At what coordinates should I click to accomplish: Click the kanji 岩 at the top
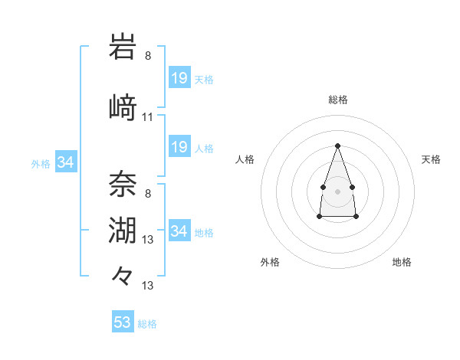point(123,47)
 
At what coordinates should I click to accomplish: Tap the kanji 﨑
point(123,106)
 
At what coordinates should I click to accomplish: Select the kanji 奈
point(123,182)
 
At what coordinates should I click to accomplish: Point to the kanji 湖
point(123,230)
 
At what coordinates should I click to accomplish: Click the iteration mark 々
point(123,274)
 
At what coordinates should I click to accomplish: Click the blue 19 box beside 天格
point(179,78)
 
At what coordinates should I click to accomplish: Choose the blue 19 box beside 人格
point(179,147)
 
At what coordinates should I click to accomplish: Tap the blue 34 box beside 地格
point(179,231)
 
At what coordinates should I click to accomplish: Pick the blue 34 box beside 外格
point(65,162)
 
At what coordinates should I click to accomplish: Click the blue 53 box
point(123,322)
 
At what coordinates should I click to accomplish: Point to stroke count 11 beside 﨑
point(147,117)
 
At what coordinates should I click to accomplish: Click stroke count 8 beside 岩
point(147,55)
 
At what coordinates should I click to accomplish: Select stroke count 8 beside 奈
point(147,193)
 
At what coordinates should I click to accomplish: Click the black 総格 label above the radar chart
point(337,100)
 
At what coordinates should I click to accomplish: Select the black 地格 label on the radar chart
point(402,262)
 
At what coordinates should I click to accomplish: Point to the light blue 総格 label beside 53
point(148,324)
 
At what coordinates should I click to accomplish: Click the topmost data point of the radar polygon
point(337,145)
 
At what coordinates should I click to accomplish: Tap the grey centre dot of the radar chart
point(337,190)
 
